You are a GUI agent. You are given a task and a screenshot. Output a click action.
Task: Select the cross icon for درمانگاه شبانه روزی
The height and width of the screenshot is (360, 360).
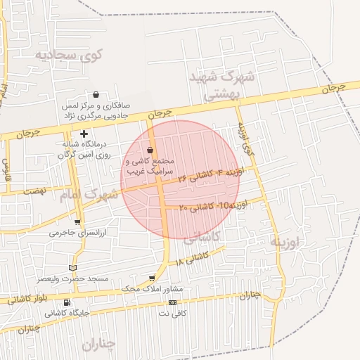pyautogui.click(x=84, y=133)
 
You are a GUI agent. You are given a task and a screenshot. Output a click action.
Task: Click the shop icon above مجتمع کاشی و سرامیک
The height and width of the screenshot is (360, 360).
pyautogui.click(x=150, y=150)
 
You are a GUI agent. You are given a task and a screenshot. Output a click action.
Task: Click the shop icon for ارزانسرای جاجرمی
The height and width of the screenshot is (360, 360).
pyautogui.click(x=77, y=222)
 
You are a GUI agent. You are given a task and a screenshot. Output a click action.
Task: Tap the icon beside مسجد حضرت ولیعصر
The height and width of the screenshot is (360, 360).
pyautogui.click(x=73, y=268)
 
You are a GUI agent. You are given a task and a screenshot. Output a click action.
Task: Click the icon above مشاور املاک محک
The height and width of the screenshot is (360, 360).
pyautogui.click(x=152, y=278)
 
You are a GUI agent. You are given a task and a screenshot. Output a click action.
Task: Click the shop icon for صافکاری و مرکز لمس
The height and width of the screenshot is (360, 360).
pyautogui.click(x=96, y=95)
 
